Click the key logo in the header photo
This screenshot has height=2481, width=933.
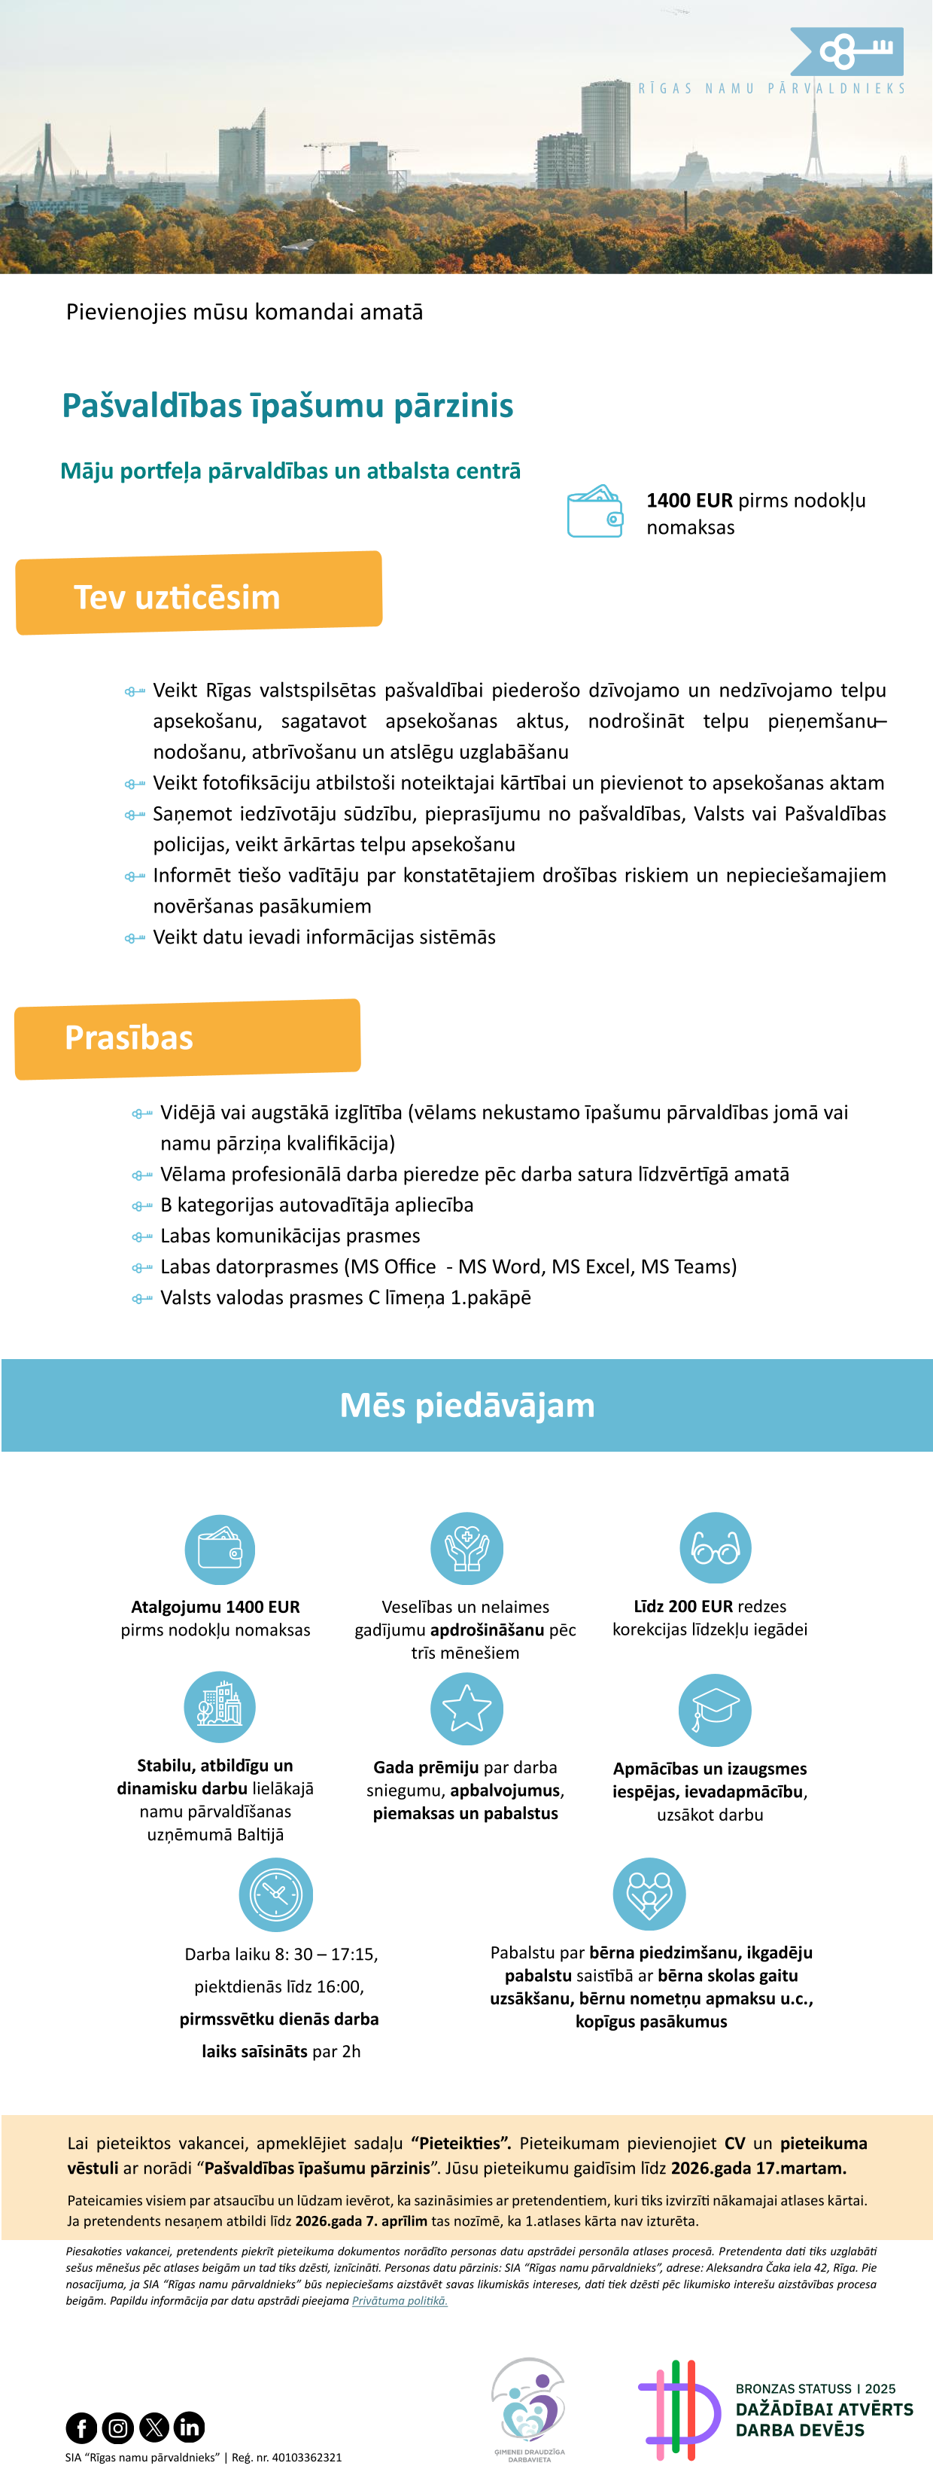(847, 51)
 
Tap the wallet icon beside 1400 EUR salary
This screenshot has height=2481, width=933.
(595, 511)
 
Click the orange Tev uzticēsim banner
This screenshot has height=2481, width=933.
(199, 593)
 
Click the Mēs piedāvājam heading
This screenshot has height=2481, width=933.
(467, 1405)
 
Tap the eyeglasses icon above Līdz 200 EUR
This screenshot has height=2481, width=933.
(715, 1548)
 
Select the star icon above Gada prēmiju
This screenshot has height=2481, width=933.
(466, 1708)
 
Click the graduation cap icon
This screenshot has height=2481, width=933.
(715, 1709)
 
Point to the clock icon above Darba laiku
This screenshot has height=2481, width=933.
(275, 1894)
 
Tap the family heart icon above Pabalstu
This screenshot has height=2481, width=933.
(649, 1894)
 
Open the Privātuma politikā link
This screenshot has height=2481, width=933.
(400, 2301)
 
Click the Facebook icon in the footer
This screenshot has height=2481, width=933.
(81, 2427)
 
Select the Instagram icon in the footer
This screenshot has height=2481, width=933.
(117, 2427)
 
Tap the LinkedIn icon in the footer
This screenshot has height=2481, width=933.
(190, 2427)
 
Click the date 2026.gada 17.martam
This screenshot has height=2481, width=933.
(758, 2168)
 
